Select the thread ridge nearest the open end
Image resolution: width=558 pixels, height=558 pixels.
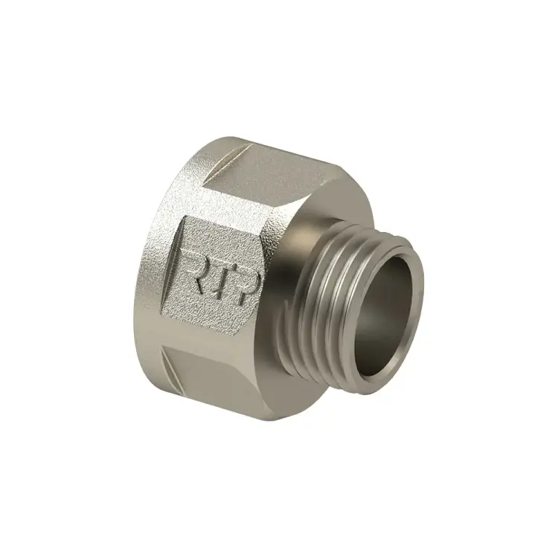pyautogui.click(x=372, y=246)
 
